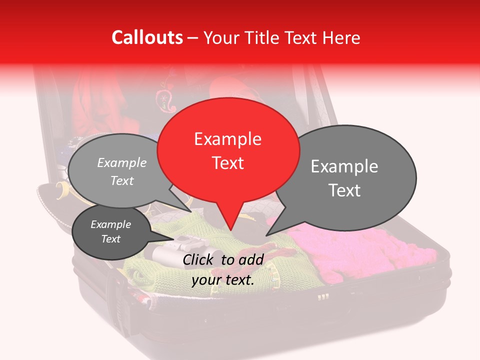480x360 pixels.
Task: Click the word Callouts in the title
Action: coord(147,37)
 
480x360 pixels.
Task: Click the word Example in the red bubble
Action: coord(227,139)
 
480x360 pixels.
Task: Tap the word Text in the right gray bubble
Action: coord(344,190)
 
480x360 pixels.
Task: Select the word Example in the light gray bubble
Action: coord(122,163)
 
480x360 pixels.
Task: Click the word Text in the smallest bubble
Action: coord(111,239)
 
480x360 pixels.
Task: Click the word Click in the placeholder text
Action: coord(198,259)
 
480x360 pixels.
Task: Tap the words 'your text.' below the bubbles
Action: coord(223,280)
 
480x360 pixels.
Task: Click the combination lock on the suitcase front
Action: coord(323,297)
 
